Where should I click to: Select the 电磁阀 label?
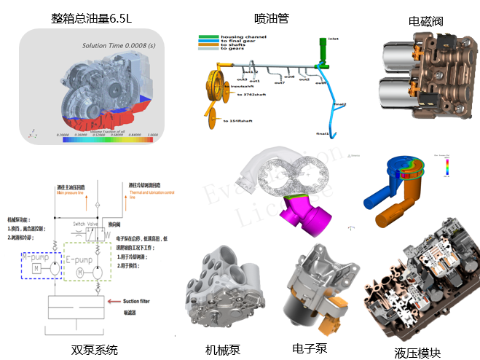pos(425,21)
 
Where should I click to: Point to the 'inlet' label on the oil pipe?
pos(334,39)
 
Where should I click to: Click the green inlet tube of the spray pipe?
pos(319,53)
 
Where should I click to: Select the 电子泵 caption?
pos(310,348)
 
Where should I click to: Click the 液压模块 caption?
pos(417,353)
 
